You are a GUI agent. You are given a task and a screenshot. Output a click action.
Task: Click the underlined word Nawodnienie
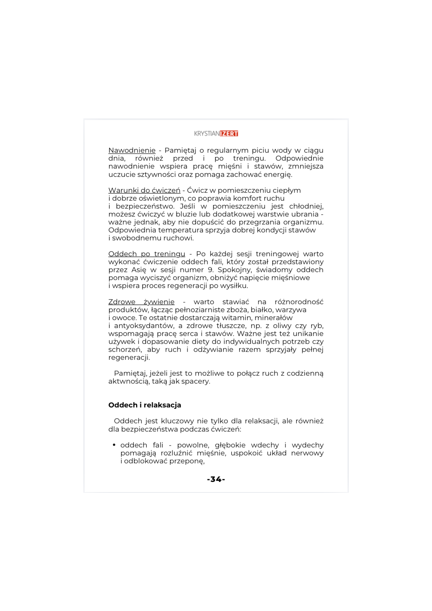pyautogui.click(x=132, y=150)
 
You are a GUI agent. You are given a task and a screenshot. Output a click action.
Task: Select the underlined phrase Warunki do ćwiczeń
pyautogui.click(x=144, y=190)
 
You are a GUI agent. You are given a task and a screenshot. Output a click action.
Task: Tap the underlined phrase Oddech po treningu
pyautogui.click(x=147, y=254)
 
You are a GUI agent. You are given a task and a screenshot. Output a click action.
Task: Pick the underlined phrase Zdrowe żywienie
pyautogui.click(x=141, y=302)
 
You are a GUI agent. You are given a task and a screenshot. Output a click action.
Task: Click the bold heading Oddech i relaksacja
pyautogui.click(x=145, y=405)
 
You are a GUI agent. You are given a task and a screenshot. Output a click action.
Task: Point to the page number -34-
pyautogui.click(x=216, y=479)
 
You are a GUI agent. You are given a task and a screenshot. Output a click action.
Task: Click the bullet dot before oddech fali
pyautogui.click(x=114, y=445)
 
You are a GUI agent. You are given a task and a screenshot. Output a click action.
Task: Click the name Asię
pyautogui.click(x=139, y=270)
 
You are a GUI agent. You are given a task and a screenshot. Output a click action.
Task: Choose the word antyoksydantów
pyautogui.click(x=144, y=326)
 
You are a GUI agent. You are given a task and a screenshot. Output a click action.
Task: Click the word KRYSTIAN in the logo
pyautogui.click(x=207, y=134)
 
